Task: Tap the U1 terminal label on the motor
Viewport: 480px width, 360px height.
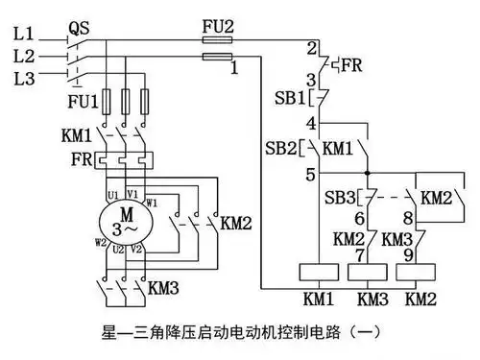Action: click(113, 196)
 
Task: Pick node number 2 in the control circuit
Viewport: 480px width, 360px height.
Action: click(310, 47)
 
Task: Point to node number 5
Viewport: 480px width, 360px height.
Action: click(309, 175)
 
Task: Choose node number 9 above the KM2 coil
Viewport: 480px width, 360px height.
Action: click(408, 255)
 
